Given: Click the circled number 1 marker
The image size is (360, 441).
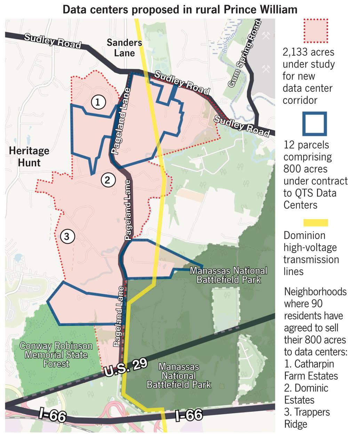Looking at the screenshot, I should pyautogui.click(x=98, y=102).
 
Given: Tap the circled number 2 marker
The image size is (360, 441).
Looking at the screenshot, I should pyautogui.click(x=107, y=180).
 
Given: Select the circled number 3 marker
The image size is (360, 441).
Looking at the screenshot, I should pyautogui.click(x=67, y=237).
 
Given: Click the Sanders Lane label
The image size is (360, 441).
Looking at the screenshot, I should pyautogui.click(x=124, y=48).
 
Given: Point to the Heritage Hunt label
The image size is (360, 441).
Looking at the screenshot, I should pyautogui.click(x=29, y=157).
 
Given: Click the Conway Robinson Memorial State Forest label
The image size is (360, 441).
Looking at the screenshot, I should pyautogui.click(x=56, y=355).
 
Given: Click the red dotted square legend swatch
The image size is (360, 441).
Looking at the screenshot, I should pyautogui.click(x=315, y=31).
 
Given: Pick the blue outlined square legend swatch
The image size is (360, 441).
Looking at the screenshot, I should pyautogui.click(x=315, y=124).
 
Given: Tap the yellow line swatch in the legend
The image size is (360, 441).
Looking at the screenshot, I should pyautogui.click(x=315, y=223).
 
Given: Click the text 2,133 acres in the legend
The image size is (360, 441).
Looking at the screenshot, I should pyautogui.click(x=308, y=52).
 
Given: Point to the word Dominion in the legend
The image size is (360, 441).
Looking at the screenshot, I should pyautogui.click(x=304, y=235).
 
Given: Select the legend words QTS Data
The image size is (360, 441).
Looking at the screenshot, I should pyautogui.click(x=310, y=193).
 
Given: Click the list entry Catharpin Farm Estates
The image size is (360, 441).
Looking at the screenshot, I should pyautogui.click(x=311, y=370).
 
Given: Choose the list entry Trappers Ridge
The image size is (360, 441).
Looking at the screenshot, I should pyautogui.click(x=307, y=418).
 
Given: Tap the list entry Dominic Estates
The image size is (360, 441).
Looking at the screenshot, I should pyautogui.click(x=306, y=394).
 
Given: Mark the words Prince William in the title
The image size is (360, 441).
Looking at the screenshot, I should pyautogui.click(x=257, y=9).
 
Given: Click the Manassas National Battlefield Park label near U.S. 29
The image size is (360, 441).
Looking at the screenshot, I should pyautogui.click(x=179, y=376).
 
